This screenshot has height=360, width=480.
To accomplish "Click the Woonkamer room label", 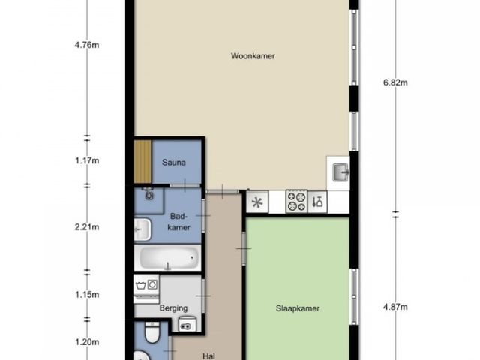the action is (x=253, y=56).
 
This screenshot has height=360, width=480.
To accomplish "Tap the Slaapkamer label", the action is (x=298, y=308).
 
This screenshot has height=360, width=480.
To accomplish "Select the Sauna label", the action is (x=174, y=162).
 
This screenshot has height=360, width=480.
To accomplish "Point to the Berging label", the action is (x=173, y=308).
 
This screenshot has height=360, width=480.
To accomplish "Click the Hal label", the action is (x=208, y=356).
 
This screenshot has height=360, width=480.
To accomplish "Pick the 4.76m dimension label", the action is (x=87, y=45).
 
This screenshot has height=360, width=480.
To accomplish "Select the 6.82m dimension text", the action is (x=395, y=82).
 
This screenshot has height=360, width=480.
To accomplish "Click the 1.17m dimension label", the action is (x=87, y=160).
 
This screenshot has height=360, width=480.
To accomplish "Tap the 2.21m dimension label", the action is (x=87, y=227).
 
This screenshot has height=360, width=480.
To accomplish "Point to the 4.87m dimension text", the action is (x=395, y=307).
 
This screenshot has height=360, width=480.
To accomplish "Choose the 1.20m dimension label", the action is (x=87, y=342).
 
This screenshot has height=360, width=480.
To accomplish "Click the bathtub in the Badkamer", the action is (x=168, y=258).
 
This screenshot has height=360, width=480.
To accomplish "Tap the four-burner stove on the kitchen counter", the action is (x=296, y=202).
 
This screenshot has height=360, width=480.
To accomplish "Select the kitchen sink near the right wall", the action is (x=340, y=172).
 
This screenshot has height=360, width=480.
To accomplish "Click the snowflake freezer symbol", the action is (x=257, y=202).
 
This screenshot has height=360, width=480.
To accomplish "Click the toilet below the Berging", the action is (x=152, y=331).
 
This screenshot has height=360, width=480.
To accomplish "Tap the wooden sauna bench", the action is (x=143, y=162).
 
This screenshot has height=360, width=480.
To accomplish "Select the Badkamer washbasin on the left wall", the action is (x=142, y=229).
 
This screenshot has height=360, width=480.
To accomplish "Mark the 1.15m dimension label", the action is (x=87, y=295).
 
